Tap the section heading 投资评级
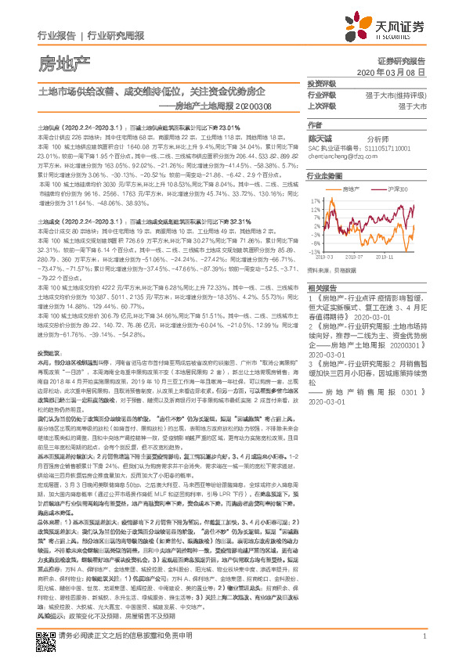[x=321, y=83]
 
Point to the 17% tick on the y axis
[x=316, y=200]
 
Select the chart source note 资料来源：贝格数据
[x=332, y=268]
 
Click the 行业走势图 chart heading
[x=323, y=177]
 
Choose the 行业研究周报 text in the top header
[x=115, y=36]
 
